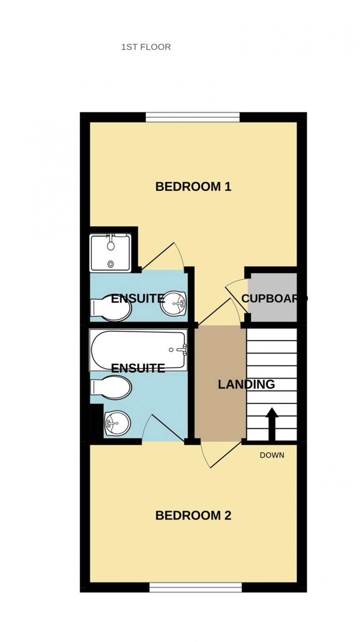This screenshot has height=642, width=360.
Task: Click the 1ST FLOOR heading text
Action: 146,47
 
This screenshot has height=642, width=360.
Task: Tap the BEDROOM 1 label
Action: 193,186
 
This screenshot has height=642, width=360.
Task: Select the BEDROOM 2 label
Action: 193,515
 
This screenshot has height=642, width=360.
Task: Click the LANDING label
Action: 246,384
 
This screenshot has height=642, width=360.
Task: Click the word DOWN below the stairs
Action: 272,455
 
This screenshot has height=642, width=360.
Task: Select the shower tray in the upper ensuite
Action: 110,253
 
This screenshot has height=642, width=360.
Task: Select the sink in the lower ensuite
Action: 117,423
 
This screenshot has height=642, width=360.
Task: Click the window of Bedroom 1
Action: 193,117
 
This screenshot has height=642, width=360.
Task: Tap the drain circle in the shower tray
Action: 111,264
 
